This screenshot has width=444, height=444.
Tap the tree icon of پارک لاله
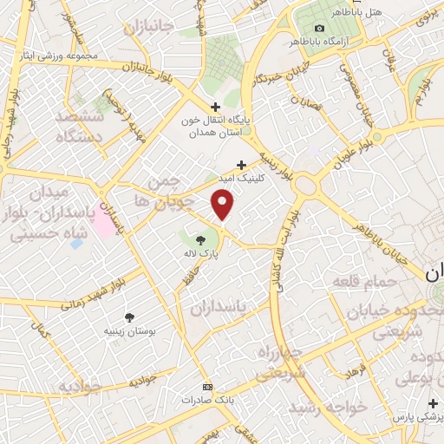(x=201, y=239)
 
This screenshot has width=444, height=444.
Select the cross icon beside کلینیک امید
(x=241, y=164)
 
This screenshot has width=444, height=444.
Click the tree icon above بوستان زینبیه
(x=130, y=317)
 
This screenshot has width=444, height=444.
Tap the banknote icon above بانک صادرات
(x=206, y=386)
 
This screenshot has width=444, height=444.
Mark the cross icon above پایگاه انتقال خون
(x=216, y=106)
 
